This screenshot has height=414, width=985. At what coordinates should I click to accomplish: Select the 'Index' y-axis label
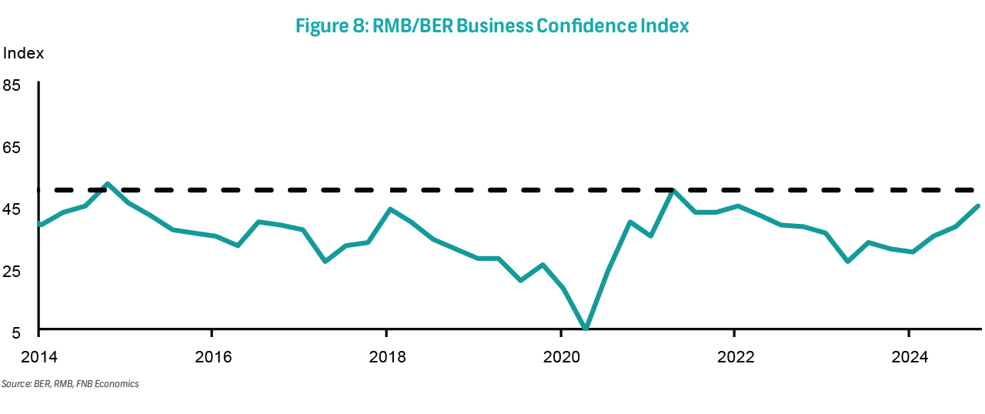tap(23, 54)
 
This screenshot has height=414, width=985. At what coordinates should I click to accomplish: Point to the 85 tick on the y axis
tap(12, 85)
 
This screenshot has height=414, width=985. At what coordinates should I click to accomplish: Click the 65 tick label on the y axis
tap(12, 148)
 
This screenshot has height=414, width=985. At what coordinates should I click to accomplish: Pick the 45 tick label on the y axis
tap(12, 210)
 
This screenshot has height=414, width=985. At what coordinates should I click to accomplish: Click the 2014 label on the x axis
tap(38, 356)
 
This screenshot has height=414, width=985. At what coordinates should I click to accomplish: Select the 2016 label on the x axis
tap(212, 356)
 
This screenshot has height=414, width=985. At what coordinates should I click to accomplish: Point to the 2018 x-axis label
tap(386, 356)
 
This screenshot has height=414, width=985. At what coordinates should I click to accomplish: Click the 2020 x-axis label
tap(561, 356)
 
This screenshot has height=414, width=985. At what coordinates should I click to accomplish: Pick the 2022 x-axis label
tap(735, 356)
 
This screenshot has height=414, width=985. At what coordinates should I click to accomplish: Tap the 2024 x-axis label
tap(909, 356)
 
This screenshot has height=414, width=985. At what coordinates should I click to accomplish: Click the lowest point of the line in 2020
tap(586, 329)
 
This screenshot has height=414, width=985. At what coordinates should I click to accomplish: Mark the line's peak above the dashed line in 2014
tap(108, 184)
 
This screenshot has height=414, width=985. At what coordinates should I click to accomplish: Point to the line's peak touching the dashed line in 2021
tap(673, 190)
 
